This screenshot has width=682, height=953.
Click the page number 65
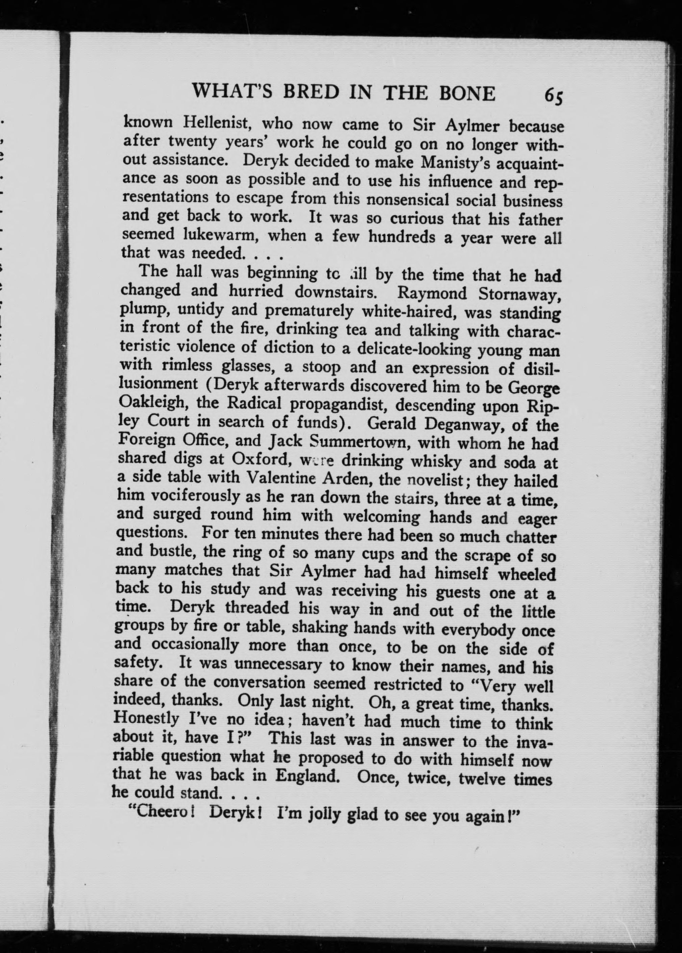[553, 96]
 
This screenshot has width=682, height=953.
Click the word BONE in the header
[467, 93]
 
